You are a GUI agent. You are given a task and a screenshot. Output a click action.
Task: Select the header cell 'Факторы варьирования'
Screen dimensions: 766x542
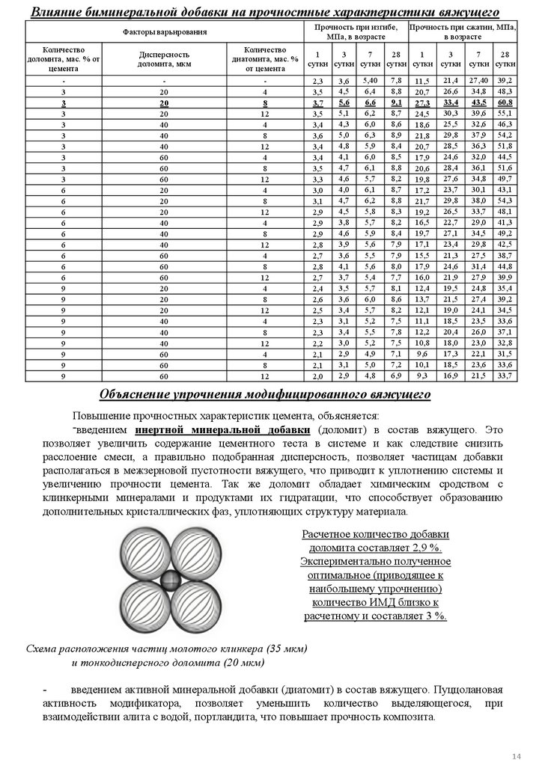point(165,31)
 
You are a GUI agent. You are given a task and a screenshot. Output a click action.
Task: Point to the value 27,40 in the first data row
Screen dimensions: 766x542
point(478,79)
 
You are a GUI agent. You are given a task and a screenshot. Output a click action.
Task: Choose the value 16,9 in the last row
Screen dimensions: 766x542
point(450,375)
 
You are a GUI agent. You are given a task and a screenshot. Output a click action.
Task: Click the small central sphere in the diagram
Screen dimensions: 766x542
point(171,579)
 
